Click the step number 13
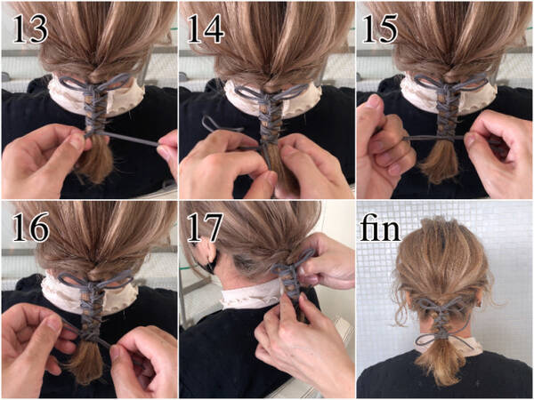(x=30, y=29)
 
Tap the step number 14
(x=206, y=29)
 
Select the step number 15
(x=380, y=29)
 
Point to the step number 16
(x=31, y=227)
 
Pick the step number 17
(x=205, y=227)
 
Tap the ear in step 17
(x=207, y=256)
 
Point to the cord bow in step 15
(x=450, y=83)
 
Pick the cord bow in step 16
(x=94, y=280)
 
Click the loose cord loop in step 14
(x=218, y=125)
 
